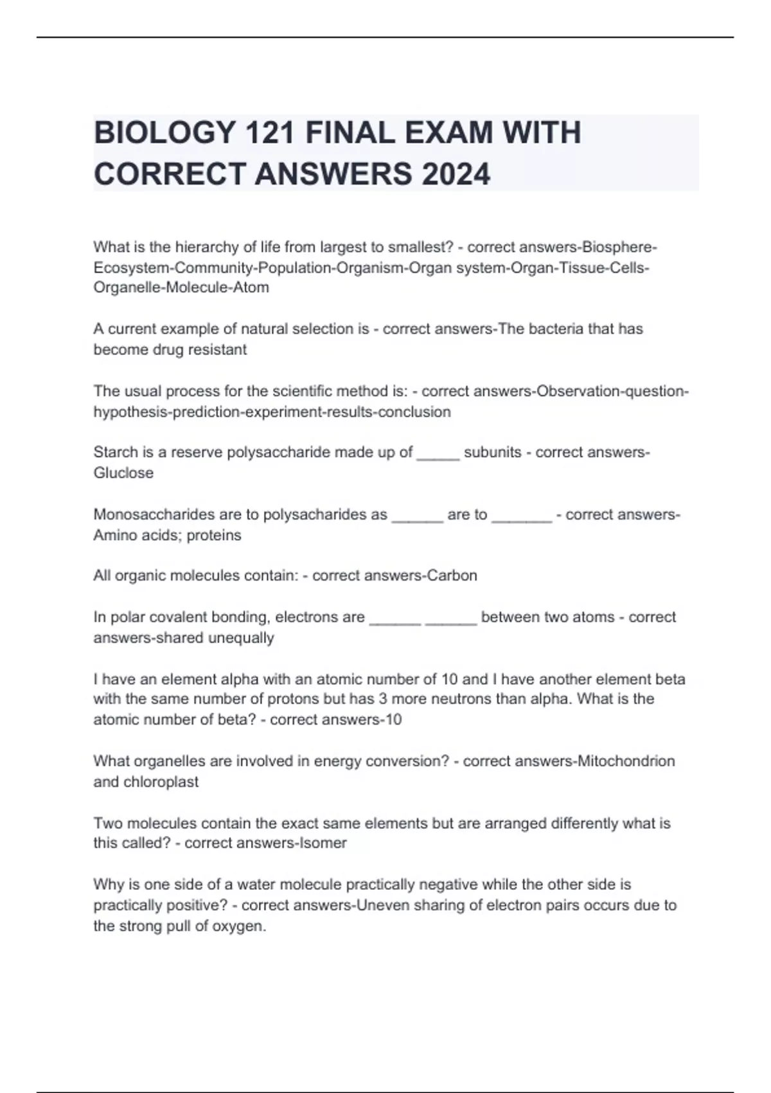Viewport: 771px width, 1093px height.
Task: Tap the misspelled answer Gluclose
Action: (x=123, y=473)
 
